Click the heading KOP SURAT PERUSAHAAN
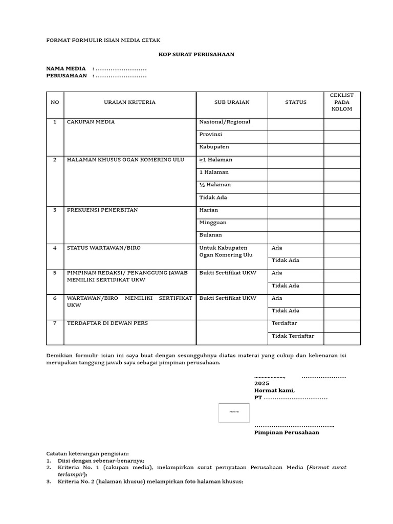(196, 54)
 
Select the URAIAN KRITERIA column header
(129, 102)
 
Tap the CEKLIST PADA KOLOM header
(341, 102)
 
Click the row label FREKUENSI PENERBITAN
(102, 210)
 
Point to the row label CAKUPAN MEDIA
(91, 122)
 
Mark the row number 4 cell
(55, 248)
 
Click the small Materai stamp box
(234, 412)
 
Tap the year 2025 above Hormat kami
(261, 383)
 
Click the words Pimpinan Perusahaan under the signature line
(287, 432)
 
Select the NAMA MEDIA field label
(66, 69)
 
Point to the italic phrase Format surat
(327, 468)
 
